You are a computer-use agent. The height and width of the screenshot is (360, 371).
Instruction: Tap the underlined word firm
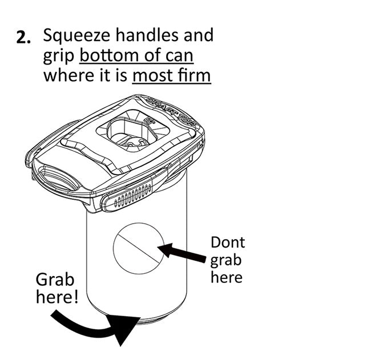tap(195, 75)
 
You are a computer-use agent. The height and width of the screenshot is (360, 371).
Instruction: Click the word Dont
tap(228, 242)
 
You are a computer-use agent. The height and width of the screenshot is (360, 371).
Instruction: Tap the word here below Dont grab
tap(227, 277)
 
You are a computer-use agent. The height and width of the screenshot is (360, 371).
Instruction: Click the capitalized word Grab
tap(55, 280)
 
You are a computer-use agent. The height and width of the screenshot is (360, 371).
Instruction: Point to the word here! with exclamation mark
tap(57, 298)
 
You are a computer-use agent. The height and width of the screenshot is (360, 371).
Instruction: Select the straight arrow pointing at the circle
tap(182, 254)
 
